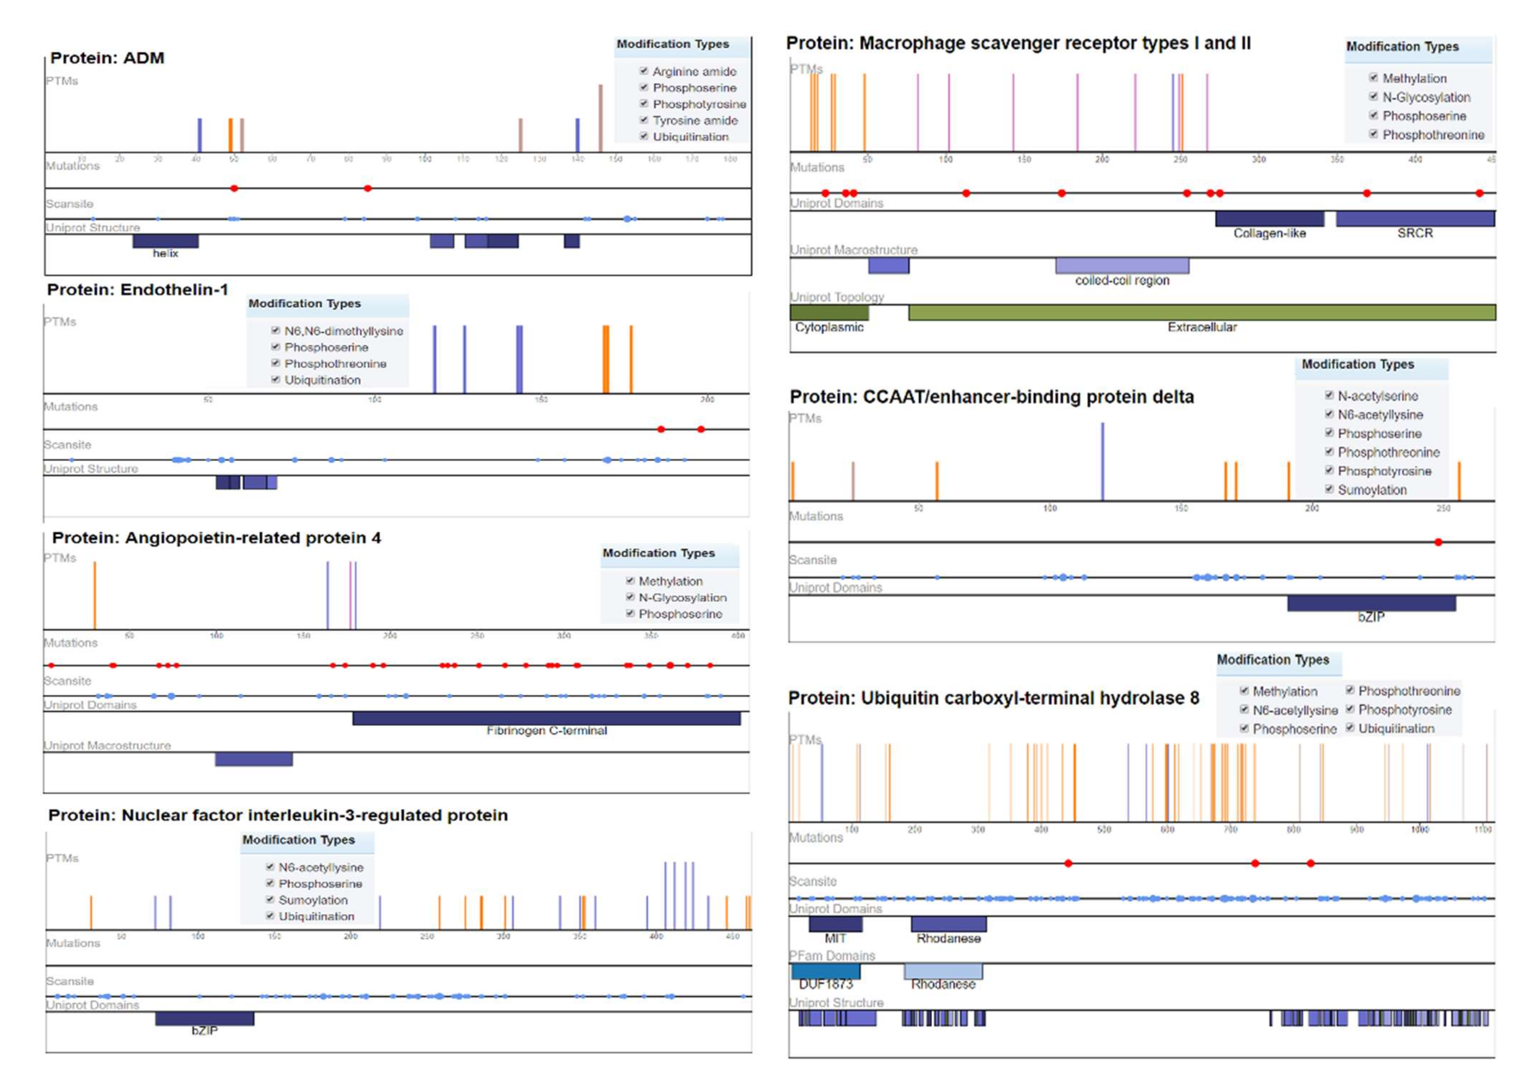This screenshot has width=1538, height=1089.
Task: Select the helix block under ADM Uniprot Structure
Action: click(x=165, y=241)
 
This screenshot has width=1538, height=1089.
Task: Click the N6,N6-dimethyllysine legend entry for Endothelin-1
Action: click(x=343, y=331)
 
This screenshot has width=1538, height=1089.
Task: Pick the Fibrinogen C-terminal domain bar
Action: click(x=546, y=718)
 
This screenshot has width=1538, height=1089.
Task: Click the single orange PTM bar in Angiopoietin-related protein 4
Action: click(x=94, y=595)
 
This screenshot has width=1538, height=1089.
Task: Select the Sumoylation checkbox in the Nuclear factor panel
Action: click(x=270, y=899)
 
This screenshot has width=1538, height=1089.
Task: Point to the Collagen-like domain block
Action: click(x=1269, y=219)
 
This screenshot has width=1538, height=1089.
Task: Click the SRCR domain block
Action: click(x=1415, y=219)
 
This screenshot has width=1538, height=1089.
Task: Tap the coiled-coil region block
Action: click(x=1122, y=266)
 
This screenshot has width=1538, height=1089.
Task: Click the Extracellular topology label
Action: click(x=1201, y=327)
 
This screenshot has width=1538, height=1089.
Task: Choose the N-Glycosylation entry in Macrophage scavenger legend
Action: click(x=1426, y=97)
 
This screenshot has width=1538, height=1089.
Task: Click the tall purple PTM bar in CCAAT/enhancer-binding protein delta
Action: click(x=1102, y=461)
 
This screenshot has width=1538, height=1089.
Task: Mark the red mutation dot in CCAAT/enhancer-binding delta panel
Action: click(x=1438, y=542)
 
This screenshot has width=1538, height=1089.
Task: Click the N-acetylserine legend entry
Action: click(x=1377, y=395)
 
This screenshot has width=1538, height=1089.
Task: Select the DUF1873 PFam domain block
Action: click(x=825, y=971)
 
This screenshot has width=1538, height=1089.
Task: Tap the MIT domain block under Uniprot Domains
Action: click(x=835, y=924)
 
